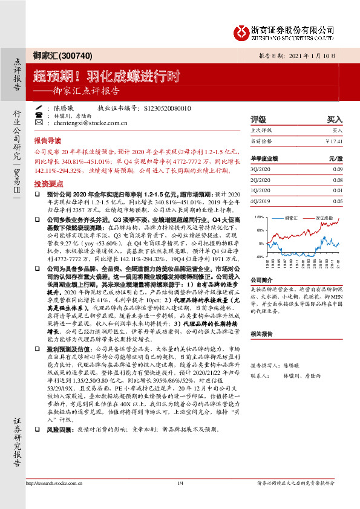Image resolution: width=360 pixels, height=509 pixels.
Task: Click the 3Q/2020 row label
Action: [x=260, y=169]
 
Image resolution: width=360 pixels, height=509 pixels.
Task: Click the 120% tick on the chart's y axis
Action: [x=258, y=216]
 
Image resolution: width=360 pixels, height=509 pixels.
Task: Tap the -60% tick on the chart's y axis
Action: [x=259, y=257]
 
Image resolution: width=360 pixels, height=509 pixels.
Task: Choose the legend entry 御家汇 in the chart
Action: [x=291, y=216]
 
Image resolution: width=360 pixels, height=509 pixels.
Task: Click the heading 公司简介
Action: [x=262, y=280]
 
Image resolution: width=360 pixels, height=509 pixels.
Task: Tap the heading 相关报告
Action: [x=262, y=333]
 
